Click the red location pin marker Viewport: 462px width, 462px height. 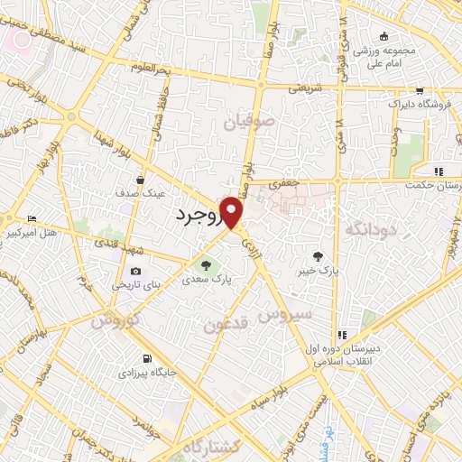point(233,212)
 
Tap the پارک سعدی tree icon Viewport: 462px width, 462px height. point(206,265)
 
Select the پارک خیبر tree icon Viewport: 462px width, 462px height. point(316,256)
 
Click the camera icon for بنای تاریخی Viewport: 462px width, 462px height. point(135,271)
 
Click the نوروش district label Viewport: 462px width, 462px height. point(113,320)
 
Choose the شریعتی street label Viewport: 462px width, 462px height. point(304,88)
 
